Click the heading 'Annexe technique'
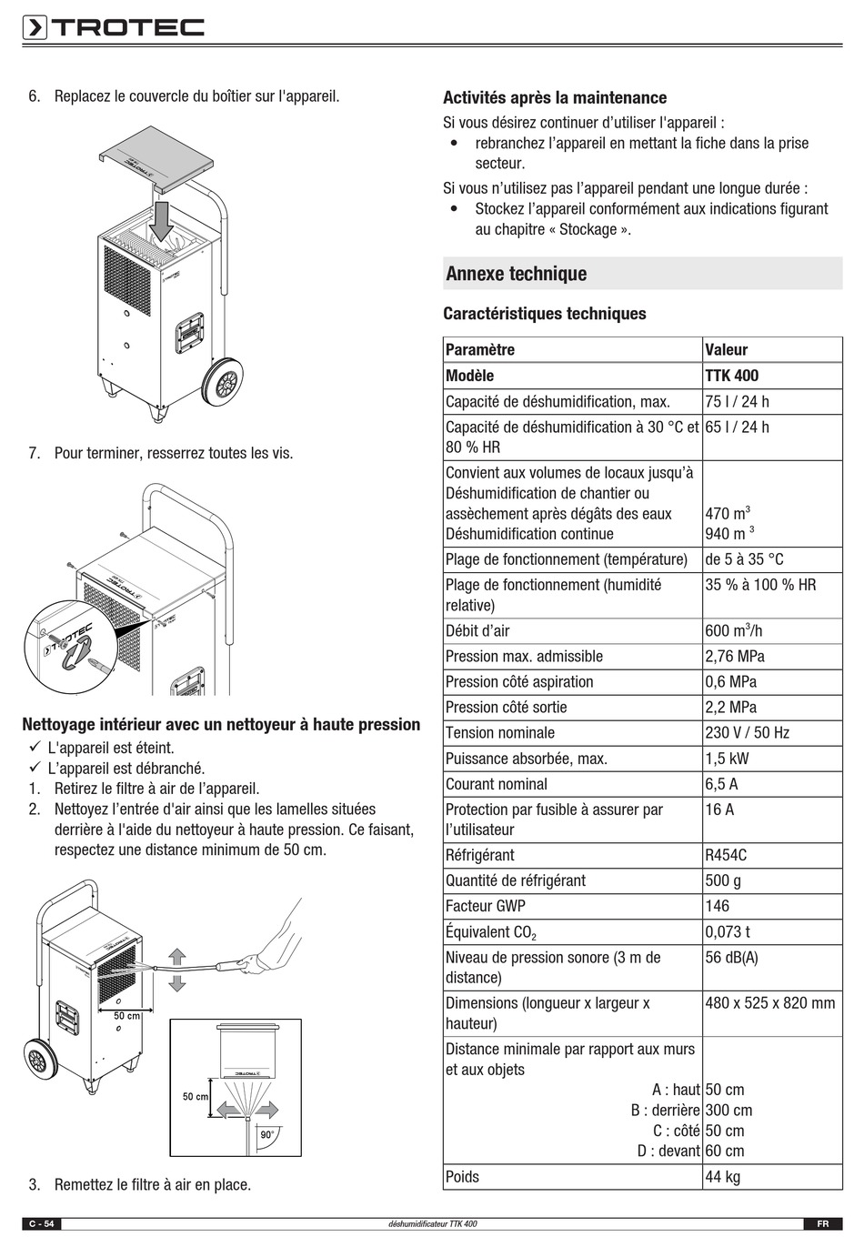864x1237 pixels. click(516, 274)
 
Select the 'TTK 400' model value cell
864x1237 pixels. click(731, 376)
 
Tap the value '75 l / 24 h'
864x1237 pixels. click(737, 401)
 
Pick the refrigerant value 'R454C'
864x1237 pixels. click(726, 855)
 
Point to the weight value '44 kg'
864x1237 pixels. click(722, 1176)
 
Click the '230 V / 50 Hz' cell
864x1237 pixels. click(747, 732)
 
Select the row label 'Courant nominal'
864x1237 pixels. click(497, 784)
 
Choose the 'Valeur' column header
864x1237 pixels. click(726, 349)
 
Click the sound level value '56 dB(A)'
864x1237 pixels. click(731, 957)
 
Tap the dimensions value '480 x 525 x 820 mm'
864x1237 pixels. click(769, 1002)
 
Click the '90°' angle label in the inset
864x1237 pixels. click(266, 1135)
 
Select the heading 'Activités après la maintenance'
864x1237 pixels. click(554, 97)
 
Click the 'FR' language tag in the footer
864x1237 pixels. click(821, 1223)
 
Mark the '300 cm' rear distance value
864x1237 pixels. click(728, 1110)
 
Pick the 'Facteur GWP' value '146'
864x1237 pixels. click(717, 906)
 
